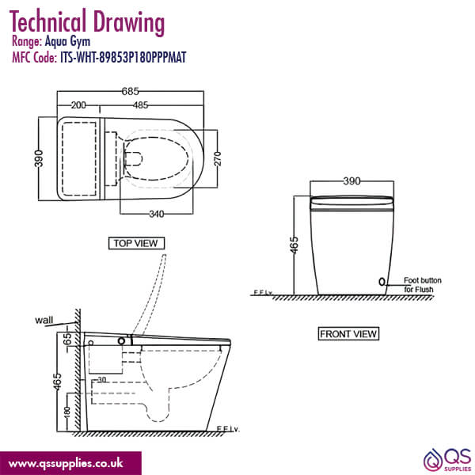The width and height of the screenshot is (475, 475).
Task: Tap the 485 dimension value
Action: coord(143,104)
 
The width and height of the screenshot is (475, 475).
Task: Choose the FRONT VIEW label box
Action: coord(348,333)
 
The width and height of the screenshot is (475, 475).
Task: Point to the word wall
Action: coord(44,321)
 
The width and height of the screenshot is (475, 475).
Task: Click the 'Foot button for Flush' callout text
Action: coord(422,284)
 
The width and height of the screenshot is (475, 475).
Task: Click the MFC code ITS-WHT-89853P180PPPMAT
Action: coord(123,57)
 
